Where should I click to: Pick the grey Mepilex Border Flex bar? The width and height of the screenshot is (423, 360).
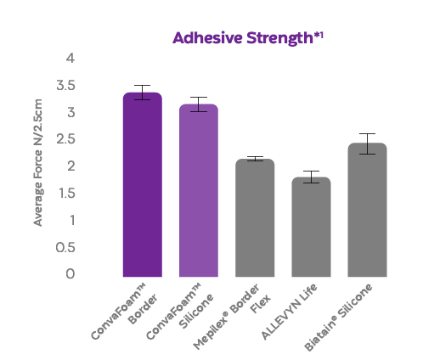click(x=255, y=218)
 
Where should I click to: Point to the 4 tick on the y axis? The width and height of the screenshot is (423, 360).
click(x=71, y=59)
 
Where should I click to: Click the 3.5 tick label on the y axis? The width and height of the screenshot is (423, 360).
click(x=65, y=86)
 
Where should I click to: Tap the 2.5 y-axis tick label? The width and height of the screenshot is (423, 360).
click(x=65, y=139)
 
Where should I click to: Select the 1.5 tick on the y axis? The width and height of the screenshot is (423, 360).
click(x=65, y=193)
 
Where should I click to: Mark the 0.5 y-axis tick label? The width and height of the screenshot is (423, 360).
click(x=65, y=246)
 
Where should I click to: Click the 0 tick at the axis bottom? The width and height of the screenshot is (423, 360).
click(x=70, y=273)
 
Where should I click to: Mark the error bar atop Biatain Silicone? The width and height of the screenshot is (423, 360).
click(x=367, y=143)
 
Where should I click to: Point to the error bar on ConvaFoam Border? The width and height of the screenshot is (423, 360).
click(x=143, y=93)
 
